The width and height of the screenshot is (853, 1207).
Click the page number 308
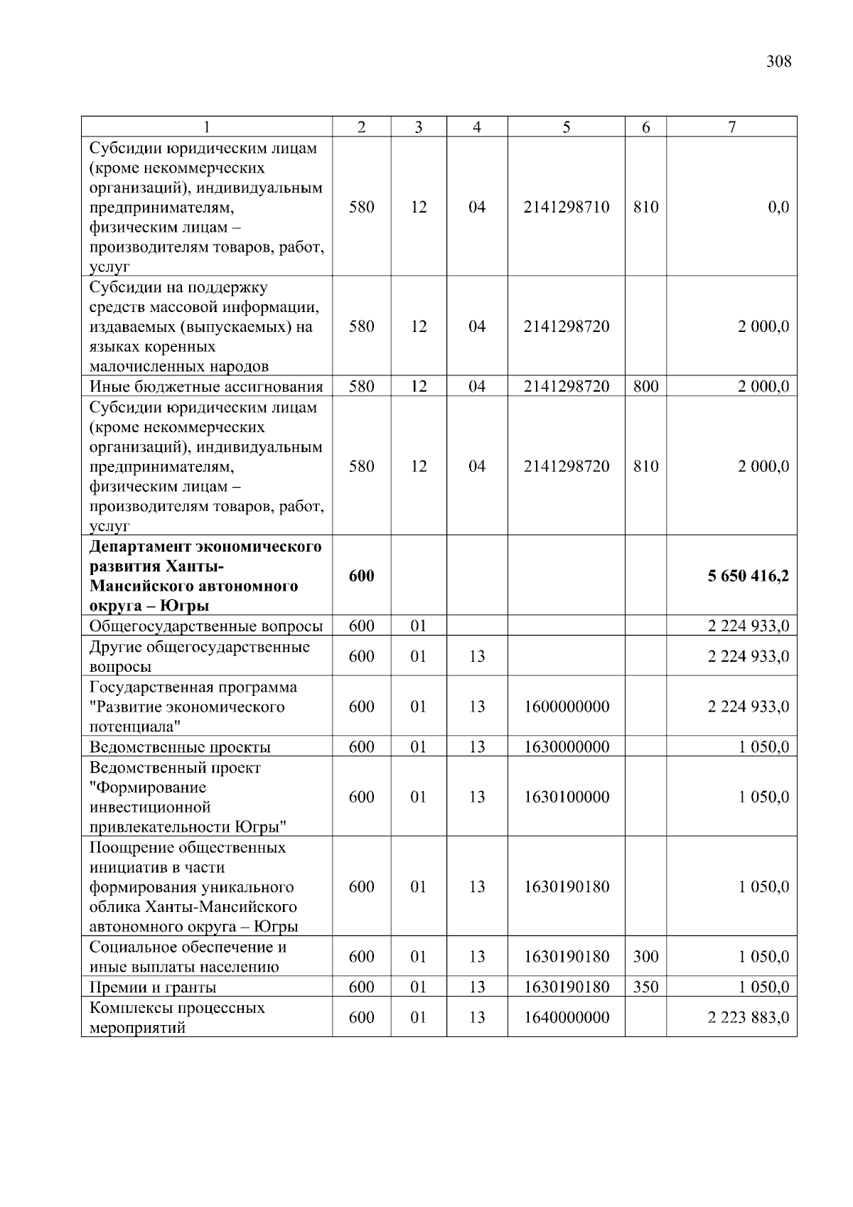pos(778,62)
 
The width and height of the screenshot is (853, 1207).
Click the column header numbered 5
pos(566,127)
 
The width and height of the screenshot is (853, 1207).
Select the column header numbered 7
pos(731,127)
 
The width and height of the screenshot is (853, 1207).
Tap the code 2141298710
pos(566,208)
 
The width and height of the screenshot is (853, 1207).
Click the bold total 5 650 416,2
pos(748,576)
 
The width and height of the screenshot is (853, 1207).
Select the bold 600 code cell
pos(361,576)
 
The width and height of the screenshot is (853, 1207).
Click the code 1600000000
pos(566,707)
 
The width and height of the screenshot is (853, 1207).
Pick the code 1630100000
pos(566,797)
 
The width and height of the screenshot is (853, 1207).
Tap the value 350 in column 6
pos(645,987)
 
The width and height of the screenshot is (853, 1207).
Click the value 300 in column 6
pos(645,957)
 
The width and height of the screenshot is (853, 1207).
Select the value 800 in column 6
pos(645,387)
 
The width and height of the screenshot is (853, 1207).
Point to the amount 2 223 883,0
pos(748,1017)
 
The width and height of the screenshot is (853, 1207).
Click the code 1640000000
pos(566,1017)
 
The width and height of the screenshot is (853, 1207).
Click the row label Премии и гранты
pos(153,987)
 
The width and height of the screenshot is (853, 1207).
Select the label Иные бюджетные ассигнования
pos(206,387)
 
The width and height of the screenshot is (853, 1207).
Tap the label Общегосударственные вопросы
pos(206,626)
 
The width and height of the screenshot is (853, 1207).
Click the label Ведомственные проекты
pos(180,747)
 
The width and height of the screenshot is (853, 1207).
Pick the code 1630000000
pos(566,747)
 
